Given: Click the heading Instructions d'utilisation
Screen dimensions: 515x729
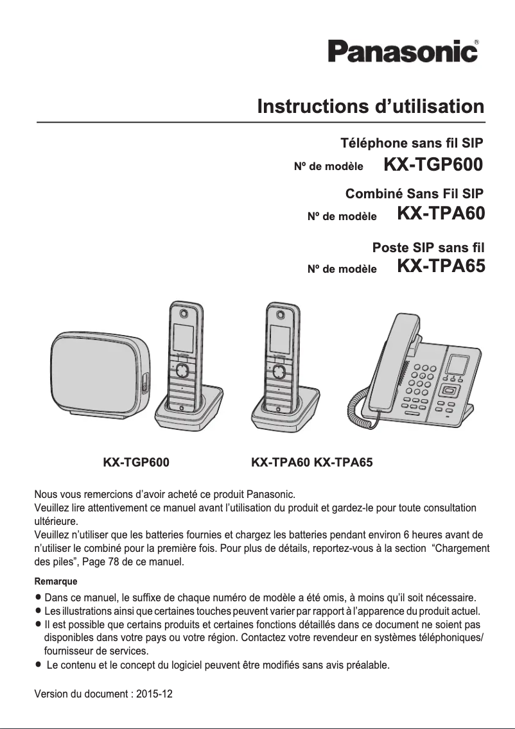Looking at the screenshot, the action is (x=371, y=106).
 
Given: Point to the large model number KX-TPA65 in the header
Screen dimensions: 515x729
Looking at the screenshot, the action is (x=441, y=266).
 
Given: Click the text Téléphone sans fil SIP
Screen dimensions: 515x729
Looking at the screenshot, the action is (x=411, y=142).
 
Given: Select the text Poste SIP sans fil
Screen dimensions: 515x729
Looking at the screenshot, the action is (x=428, y=246).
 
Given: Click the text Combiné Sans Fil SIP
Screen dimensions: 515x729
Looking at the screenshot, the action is (x=414, y=193).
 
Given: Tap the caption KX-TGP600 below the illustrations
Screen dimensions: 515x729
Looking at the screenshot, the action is (x=136, y=461).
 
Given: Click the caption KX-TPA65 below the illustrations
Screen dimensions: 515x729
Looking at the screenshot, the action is (x=343, y=461).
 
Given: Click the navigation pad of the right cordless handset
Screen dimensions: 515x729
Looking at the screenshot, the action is (x=279, y=372).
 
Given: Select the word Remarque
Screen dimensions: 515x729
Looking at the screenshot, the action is (x=55, y=581).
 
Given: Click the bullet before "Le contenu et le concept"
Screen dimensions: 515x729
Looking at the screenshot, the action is (x=40, y=664).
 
